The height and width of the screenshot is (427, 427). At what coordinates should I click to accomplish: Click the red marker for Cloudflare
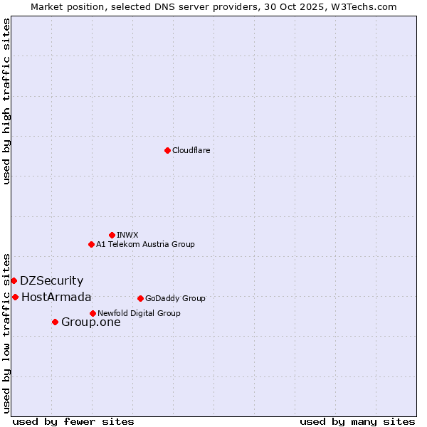[x=167, y=150]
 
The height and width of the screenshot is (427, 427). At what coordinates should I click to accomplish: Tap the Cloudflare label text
[x=191, y=150]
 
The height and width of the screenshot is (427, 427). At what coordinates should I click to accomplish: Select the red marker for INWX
[x=112, y=235]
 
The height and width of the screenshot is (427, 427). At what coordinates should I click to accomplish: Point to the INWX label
[x=127, y=235]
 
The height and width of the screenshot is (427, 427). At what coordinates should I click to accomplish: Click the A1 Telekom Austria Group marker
[x=91, y=244]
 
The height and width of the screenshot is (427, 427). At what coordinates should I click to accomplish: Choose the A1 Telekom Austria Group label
[x=145, y=244]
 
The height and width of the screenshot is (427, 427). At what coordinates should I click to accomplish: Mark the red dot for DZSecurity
[x=14, y=280]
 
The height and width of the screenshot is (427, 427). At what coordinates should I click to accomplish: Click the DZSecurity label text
[x=51, y=281]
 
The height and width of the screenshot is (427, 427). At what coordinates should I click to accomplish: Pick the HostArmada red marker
[x=15, y=297]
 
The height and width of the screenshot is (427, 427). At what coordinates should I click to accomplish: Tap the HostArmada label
[x=56, y=297]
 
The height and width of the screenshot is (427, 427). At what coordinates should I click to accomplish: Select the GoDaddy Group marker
[x=140, y=298]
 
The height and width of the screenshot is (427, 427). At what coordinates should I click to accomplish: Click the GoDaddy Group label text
[x=175, y=298]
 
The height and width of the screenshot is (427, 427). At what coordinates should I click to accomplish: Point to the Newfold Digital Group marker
[x=93, y=313]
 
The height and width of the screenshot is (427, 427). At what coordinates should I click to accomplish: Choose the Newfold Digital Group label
[x=139, y=313]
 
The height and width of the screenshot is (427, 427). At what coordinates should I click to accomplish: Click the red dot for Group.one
[x=55, y=322]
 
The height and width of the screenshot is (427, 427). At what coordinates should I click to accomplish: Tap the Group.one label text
[x=90, y=322]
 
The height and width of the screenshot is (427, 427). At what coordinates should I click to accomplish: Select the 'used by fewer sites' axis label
[x=73, y=421]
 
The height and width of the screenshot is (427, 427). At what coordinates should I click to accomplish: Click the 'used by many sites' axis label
[x=357, y=421]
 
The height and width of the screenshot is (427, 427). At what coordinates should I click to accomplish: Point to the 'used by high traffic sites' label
[x=6, y=101]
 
